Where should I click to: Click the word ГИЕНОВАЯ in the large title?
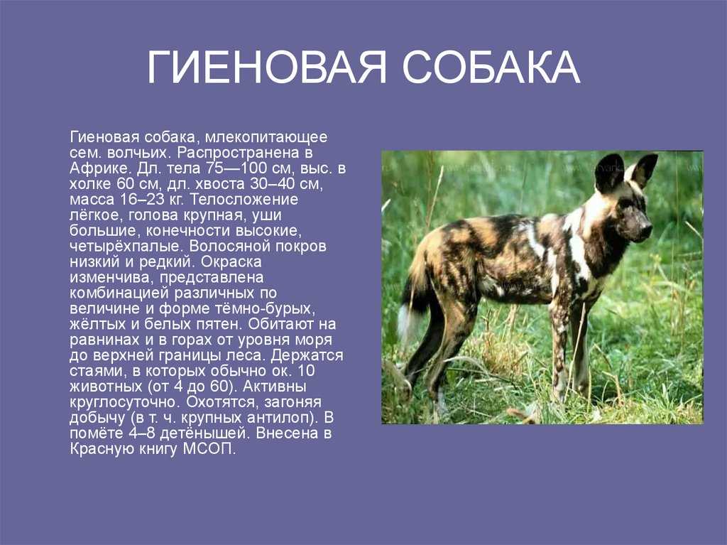267,68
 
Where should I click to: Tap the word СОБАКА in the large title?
491,68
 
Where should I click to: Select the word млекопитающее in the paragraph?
266,137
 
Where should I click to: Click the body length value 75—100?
233,168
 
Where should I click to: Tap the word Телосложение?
244,200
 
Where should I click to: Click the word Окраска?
231,261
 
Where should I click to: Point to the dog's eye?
628,203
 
